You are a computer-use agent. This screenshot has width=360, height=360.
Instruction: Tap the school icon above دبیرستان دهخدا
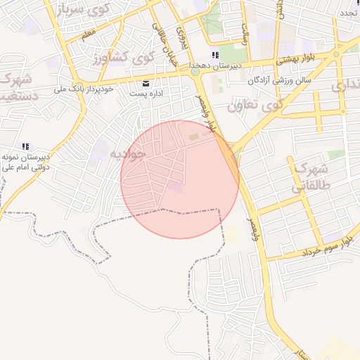click(x=214, y=55)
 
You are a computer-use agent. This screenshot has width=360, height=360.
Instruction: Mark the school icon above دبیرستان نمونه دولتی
click(x=25, y=146)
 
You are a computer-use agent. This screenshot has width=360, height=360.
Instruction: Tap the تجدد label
click(x=349, y=13)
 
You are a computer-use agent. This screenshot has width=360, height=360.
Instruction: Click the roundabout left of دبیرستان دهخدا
click(x=194, y=71)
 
